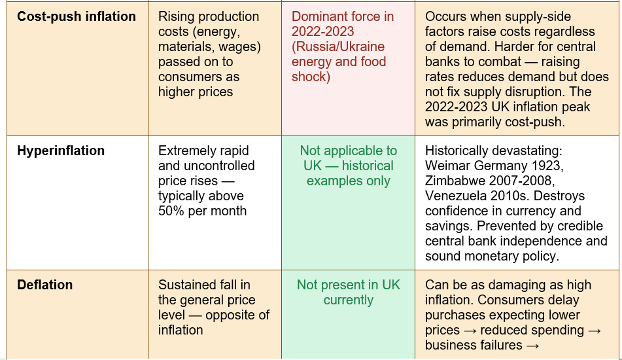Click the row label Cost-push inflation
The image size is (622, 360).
coord(77,16)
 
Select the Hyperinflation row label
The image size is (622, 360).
coord(61,151)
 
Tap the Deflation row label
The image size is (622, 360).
coord(45,285)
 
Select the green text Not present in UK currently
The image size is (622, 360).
coord(349,292)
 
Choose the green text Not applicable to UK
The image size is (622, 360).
coord(349,158)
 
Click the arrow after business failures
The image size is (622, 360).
coord(532,346)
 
